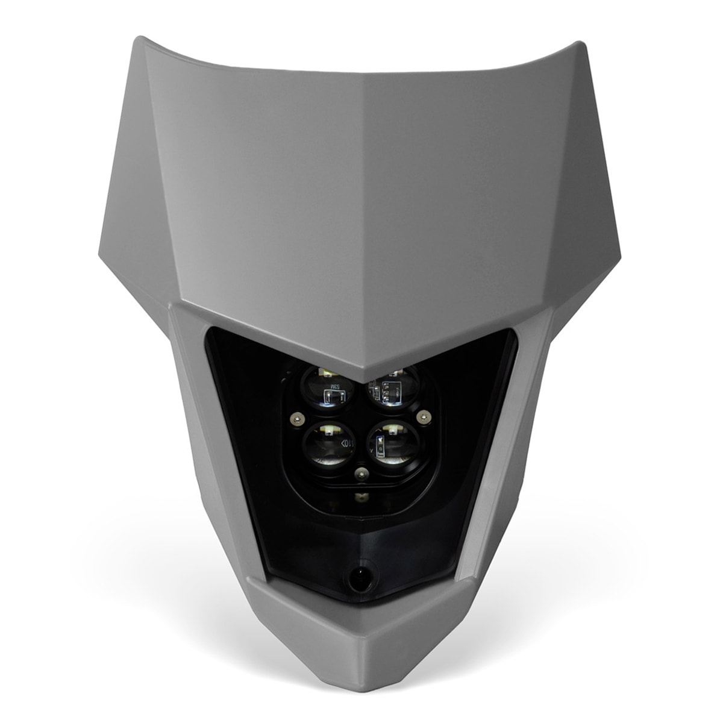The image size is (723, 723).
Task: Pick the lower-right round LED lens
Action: point(393,446)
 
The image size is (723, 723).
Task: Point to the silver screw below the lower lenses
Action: point(360,474)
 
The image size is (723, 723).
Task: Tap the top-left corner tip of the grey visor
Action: point(140,39)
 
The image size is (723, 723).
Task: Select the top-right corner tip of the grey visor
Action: point(580,43)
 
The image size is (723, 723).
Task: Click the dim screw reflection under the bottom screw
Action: point(361,496)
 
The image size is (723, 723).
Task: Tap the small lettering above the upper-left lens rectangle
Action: point(335,386)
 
